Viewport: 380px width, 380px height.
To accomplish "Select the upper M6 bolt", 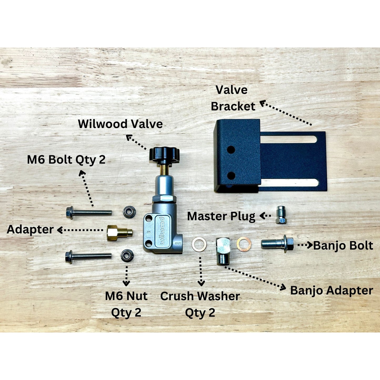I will tap(89, 212).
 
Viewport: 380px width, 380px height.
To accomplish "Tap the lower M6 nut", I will tap(127, 256).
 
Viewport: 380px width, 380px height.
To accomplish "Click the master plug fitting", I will tap(281, 216).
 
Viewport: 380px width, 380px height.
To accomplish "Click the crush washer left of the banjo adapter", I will tap(199, 244).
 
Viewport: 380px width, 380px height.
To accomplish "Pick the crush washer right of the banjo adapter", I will tap(244, 244).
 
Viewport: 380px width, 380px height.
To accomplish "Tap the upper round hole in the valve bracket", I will tap(231, 150).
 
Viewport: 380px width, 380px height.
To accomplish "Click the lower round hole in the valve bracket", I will tap(231, 175).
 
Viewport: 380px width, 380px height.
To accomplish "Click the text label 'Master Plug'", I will tap(221, 216).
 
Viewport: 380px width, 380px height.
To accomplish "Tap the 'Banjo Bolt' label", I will tap(343, 246).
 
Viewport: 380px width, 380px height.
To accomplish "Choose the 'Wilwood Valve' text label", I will tap(120, 124).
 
